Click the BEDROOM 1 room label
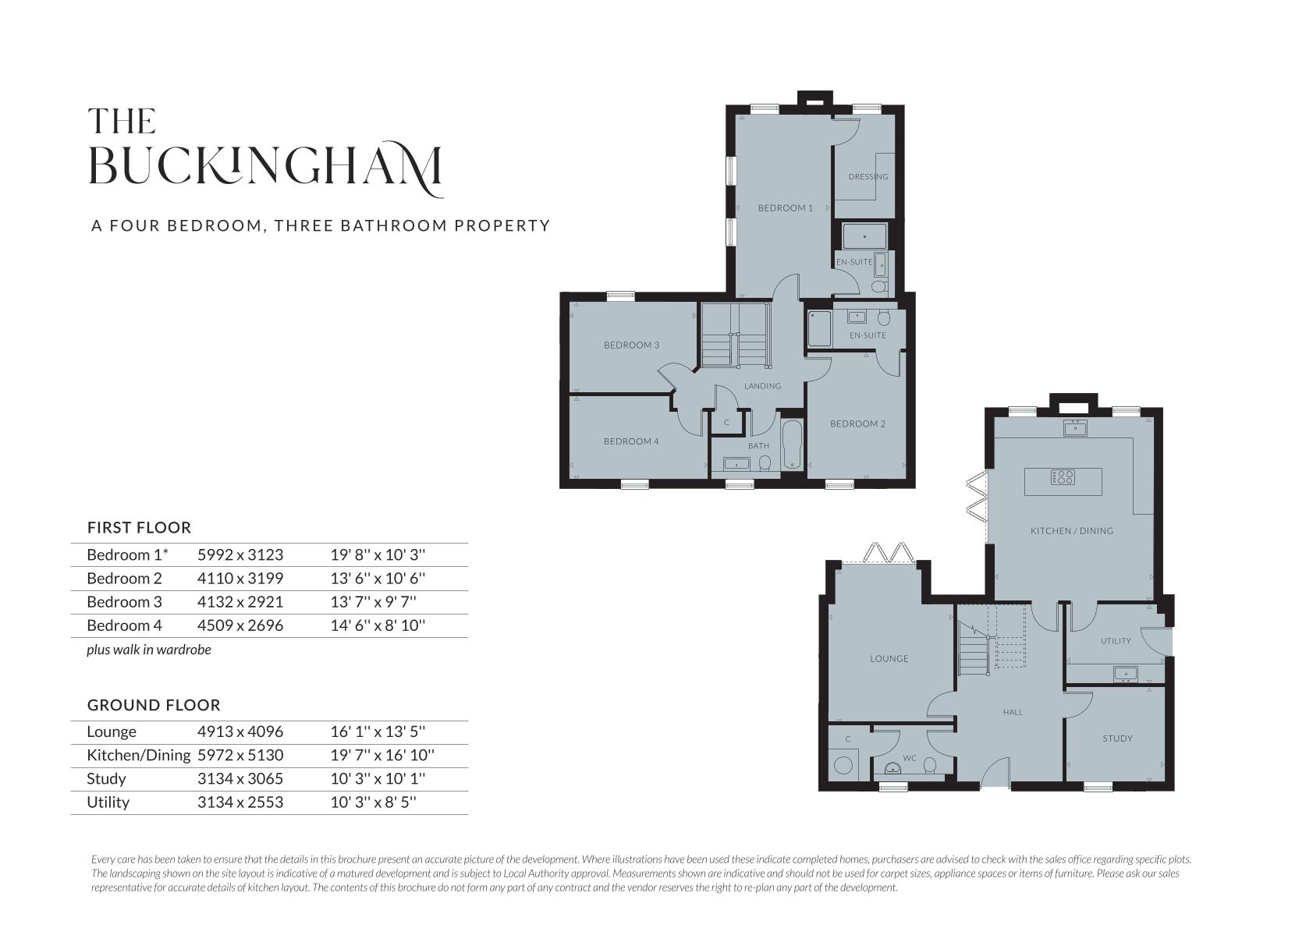[x=786, y=208]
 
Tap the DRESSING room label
[x=868, y=176]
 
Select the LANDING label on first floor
[x=762, y=386]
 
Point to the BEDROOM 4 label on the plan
[x=631, y=441]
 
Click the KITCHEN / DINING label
[x=1072, y=531]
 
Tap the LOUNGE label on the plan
[x=889, y=658]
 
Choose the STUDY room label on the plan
[x=1117, y=739]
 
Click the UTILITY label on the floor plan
[x=1116, y=641]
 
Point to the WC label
[x=909, y=758]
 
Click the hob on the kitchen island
[x=1063, y=477]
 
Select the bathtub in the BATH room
[x=791, y=445]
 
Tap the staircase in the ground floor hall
[x=992, y=641]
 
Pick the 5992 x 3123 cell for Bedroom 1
[x=240, y=554]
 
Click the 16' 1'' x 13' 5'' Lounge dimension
[x=378, y=731]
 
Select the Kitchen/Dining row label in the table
[x=139, y=755]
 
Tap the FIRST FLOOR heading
[x=140, y=528]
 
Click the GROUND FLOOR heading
[x=154, y=705]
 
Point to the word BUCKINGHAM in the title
[x=266, y=167]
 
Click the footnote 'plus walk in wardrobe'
[x=149, y=650]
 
